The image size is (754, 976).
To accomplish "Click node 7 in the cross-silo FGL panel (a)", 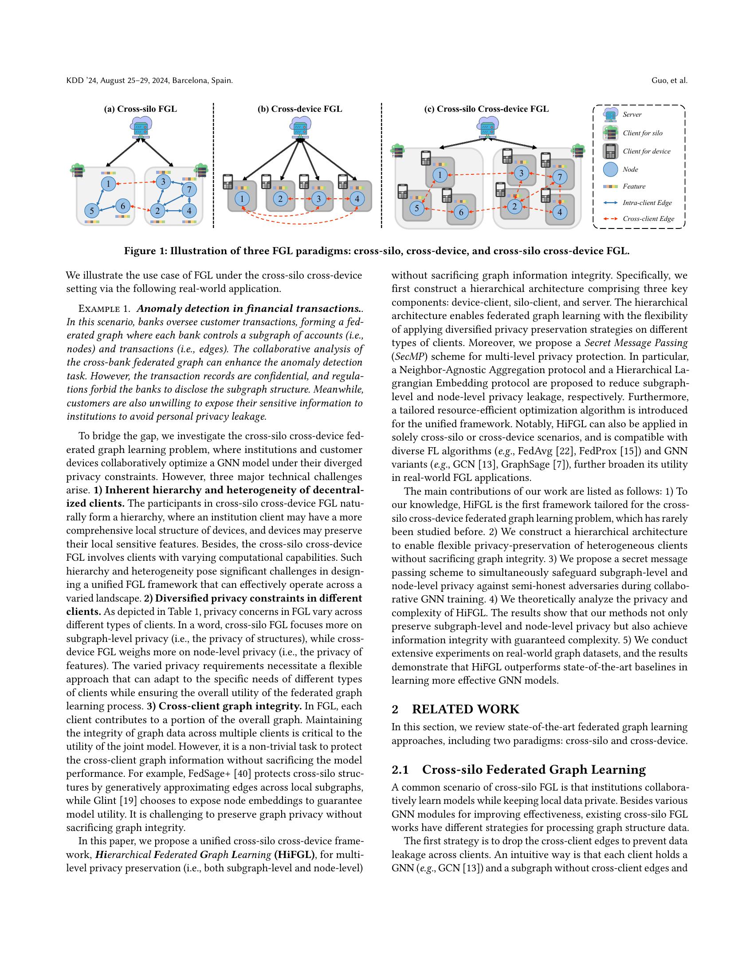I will [189, 189].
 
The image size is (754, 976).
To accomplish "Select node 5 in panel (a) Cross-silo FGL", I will [91, 210].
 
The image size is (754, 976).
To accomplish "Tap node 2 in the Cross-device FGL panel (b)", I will [280, 199].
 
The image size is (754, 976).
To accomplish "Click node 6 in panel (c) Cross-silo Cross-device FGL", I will [461, 212].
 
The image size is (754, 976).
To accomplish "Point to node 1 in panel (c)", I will [440, 175].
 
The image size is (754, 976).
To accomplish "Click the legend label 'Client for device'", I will [646, 151].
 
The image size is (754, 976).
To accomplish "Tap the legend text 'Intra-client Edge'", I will [647, 202].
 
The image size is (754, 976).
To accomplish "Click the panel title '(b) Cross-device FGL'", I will [300, 109].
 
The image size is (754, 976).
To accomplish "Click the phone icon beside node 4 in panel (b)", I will [342, 181].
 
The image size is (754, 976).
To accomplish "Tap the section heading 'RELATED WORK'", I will [465, 709].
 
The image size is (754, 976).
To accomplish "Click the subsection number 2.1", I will [400, 770].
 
